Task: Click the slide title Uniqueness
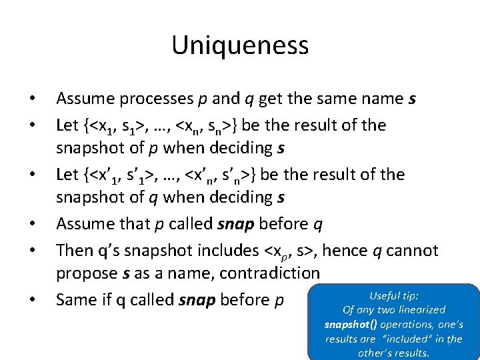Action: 240,45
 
